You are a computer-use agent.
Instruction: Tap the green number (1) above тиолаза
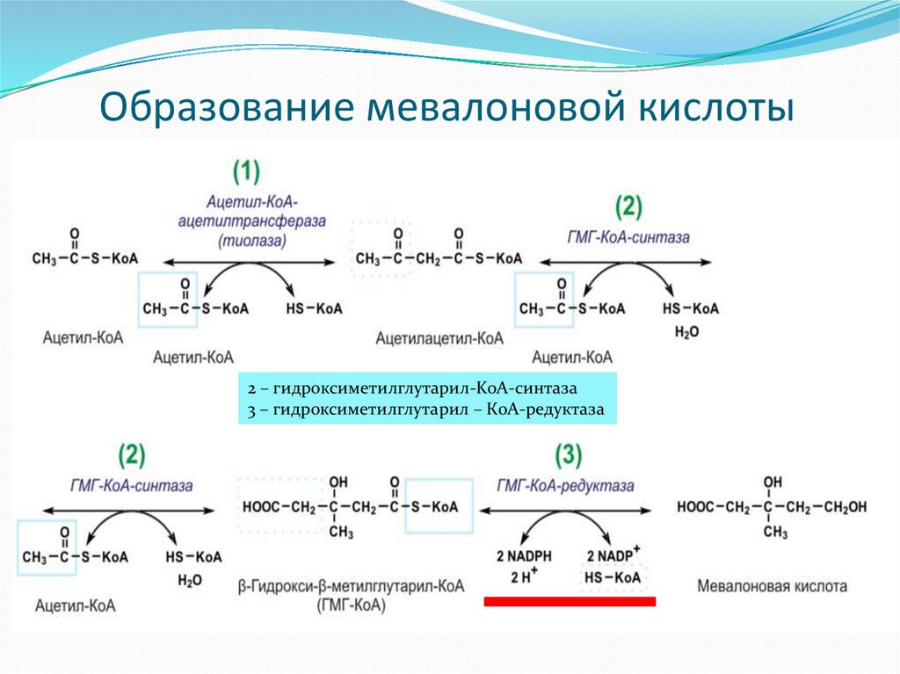coord(247,170)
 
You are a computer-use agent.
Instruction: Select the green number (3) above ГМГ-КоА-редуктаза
coord(568,455)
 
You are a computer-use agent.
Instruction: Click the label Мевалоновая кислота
coord(773,585)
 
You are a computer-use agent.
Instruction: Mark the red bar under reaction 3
coord(570,601)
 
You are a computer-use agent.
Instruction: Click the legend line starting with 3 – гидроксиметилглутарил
coord(426,409)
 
